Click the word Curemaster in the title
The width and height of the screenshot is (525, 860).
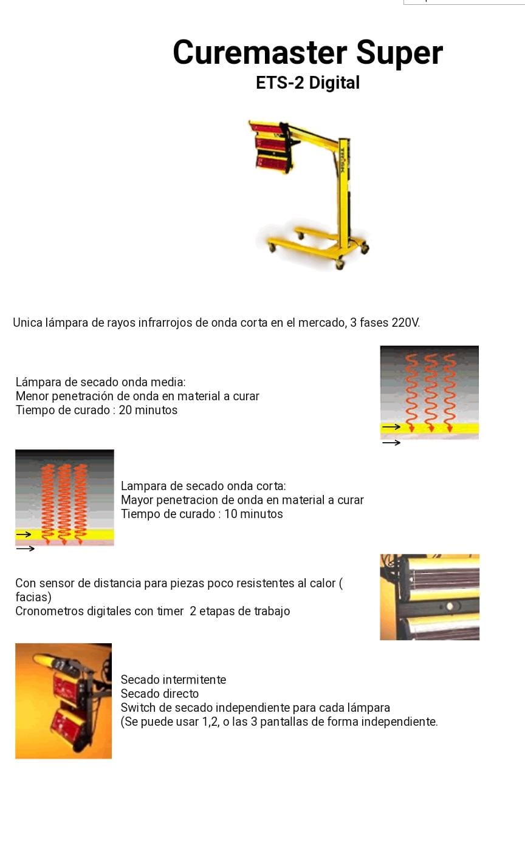(x=260, y=52)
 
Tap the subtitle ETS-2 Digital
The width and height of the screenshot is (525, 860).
(x=307, y=83)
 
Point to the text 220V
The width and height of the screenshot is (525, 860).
(x=405, y=322)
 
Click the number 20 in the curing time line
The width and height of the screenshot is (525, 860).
(x=125, y=410)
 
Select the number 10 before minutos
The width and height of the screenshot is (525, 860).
(x=231, y=514)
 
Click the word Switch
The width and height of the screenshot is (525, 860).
(x=138, y=708)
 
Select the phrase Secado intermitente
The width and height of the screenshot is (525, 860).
(x=173, y=680)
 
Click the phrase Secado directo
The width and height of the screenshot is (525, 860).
(x=160, y=694)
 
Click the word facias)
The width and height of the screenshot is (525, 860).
(x=33, y=597)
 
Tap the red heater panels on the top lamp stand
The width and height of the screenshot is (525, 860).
(x=271, y=148)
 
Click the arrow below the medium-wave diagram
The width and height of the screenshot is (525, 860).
(x=392, y=443)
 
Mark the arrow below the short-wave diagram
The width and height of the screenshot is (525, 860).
(x=26, y=548)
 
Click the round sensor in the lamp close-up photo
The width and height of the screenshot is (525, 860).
(x=449, y=607)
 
